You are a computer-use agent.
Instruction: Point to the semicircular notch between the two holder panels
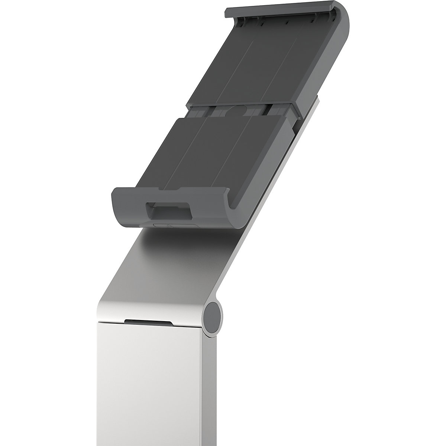tap(238, 110)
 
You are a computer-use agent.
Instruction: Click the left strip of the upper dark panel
tap(223, 67)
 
